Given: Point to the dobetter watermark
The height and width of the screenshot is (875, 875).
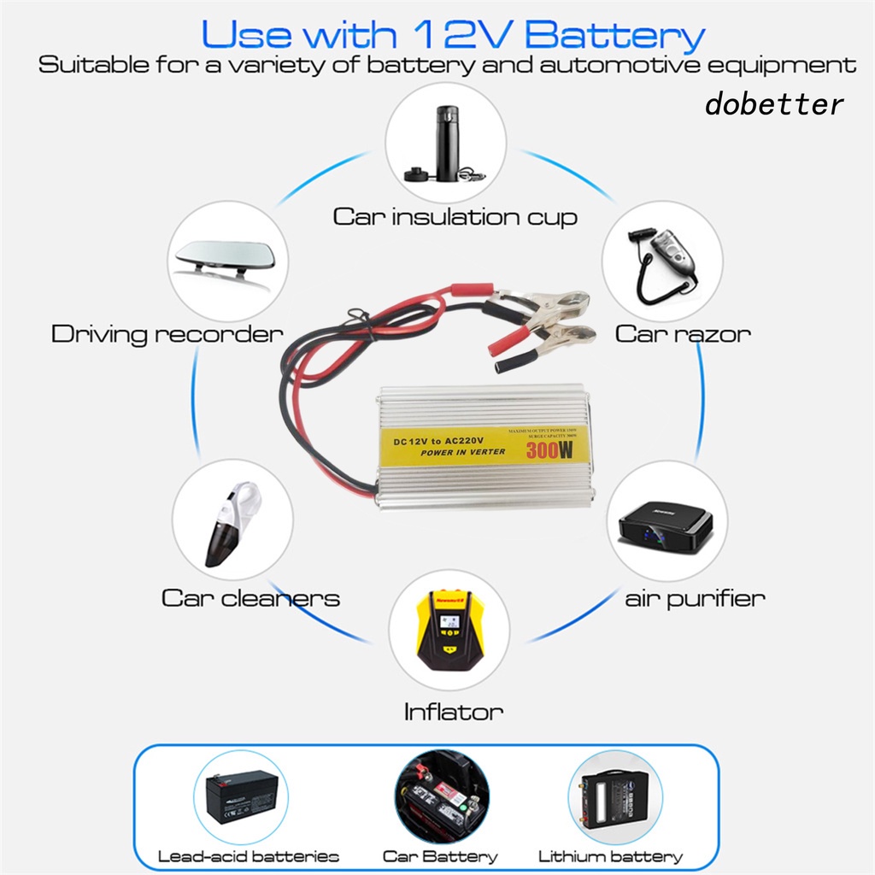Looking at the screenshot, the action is coord(774,104).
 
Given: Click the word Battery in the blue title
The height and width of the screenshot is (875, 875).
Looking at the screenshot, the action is coord(615,35).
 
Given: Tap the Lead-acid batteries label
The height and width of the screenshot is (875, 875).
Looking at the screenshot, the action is coord(249,856).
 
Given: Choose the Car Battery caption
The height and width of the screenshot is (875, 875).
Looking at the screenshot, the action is coord(439,856).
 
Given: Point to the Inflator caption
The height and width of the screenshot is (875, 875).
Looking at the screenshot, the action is coord(453,711).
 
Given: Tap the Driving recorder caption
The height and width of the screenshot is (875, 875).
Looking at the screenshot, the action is coord(167,333).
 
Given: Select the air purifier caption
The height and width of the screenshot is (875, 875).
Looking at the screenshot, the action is coord(694,597).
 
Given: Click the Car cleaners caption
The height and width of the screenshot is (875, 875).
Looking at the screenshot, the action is coord(250,597).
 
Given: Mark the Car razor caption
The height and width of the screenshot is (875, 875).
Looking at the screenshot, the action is coord(683,333).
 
